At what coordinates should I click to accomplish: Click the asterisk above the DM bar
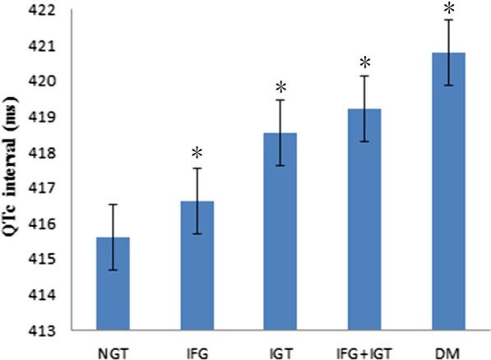(x=449, y=9)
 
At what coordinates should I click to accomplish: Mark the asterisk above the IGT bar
(x=281, y=87)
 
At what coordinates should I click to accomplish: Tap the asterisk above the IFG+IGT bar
(x=365, y=63)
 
